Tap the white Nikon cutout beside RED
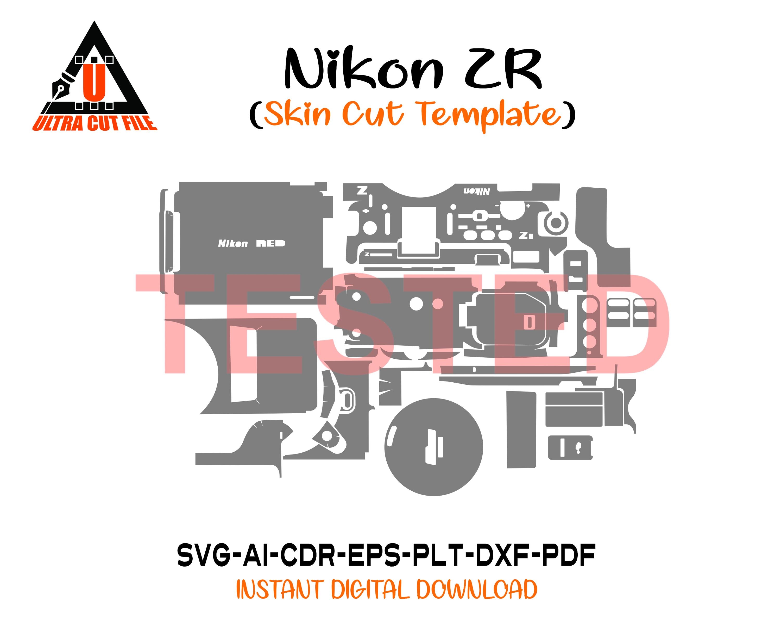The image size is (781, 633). pyautogui.click(x=233, y=243)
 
